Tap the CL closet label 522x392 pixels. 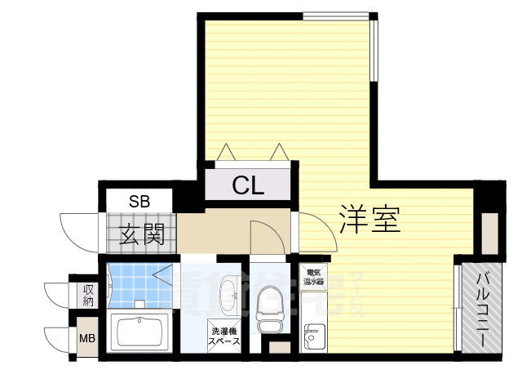[x=248, y=186]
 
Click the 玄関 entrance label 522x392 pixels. [x=143, y=235]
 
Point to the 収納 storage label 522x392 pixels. [x=87, y=295]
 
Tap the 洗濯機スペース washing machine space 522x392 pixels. [x=225, y=336]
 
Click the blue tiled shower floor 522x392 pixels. [x=135, y=283]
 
